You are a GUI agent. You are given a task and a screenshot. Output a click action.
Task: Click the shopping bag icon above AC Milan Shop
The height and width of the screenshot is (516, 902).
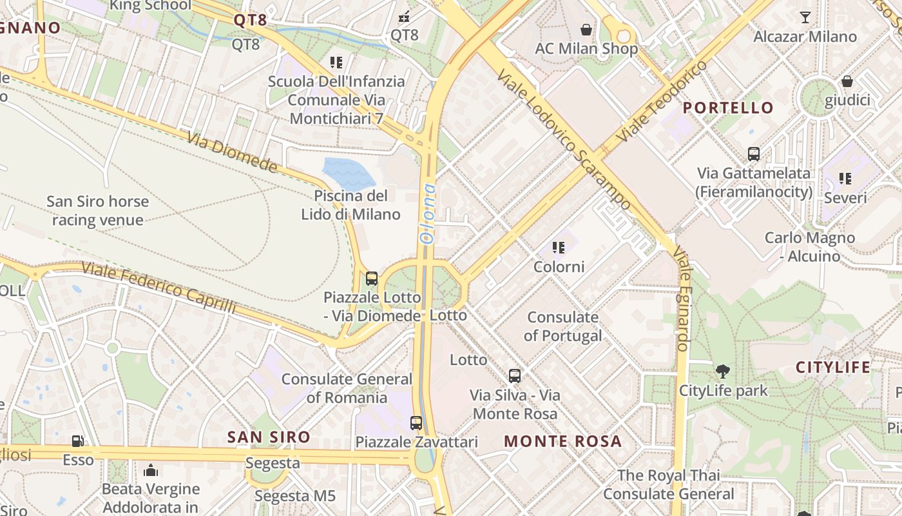[x=586, y=30]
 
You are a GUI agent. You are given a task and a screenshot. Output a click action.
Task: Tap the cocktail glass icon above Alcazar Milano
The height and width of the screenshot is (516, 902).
[x=805, y=17]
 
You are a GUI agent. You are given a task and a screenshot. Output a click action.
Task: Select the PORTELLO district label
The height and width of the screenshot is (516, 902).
[x=728, y=108]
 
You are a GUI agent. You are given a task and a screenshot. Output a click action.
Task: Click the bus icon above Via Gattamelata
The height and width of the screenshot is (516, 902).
[x=753, y=154]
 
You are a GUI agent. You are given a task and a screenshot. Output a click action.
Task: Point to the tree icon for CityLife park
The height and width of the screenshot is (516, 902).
[x=723, y=372]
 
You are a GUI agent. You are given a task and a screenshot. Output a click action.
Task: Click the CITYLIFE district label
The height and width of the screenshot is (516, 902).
[x=832, y=368]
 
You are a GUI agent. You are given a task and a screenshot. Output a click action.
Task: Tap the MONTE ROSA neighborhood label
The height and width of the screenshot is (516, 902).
[x=562, y=441]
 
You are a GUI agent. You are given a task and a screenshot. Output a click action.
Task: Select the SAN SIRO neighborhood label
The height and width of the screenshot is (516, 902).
[x=268, y=437]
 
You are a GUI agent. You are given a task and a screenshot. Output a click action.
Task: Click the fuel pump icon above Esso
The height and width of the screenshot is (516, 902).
[x=77, y=441]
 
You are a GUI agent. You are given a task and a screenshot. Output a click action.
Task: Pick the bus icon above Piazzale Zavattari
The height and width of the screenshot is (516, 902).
[x=416, y=423]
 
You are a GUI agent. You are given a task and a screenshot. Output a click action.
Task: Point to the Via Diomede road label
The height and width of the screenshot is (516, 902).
[x=233, y=152]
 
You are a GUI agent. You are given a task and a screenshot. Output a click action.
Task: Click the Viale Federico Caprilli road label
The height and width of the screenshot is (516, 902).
[x=158, y=288]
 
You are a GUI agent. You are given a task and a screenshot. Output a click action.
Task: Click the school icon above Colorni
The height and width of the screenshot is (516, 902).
[x=559, y=247]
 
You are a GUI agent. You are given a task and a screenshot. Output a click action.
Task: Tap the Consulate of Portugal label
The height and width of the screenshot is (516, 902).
[x=562, y=326]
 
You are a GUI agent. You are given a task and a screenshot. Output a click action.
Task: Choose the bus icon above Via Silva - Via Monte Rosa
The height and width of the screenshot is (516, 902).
[x=514, y=375]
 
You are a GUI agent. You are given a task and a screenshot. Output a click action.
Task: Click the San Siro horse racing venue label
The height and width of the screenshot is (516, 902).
[x=97, y=211]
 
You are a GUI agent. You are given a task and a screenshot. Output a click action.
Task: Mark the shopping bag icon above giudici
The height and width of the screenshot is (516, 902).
[x=847, y=81]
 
